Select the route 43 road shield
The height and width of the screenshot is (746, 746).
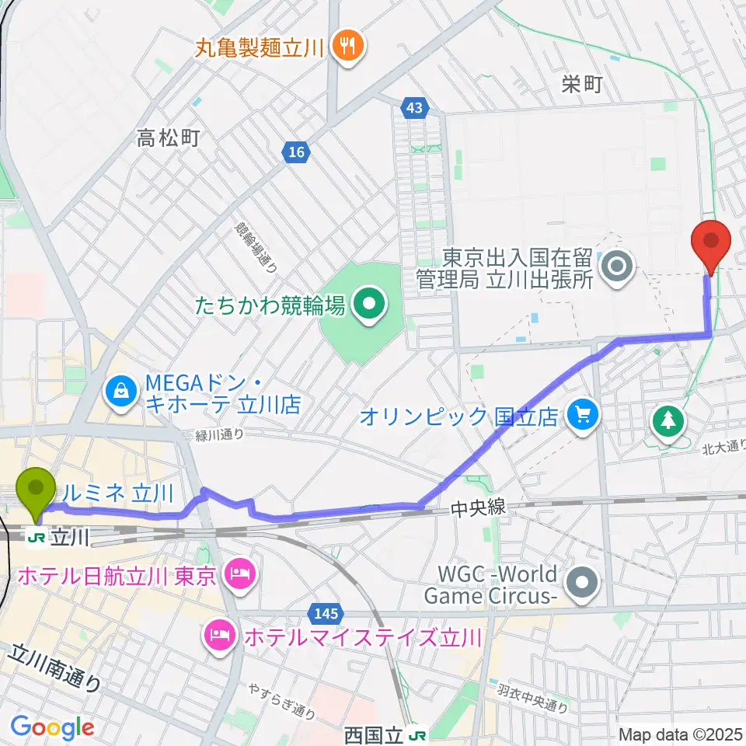[414, 108]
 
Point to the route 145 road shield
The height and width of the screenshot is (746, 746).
[327, 614]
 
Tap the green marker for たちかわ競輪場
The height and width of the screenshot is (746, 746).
[368, 305]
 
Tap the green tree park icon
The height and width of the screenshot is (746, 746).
[668, 422]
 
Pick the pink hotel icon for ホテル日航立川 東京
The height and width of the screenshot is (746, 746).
[235, 576]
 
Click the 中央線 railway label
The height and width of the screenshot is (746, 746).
[478, 508]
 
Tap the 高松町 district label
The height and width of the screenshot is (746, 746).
[169, 138]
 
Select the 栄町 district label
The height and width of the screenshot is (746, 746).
[582, 85]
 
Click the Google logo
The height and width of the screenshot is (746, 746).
[52, 727]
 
